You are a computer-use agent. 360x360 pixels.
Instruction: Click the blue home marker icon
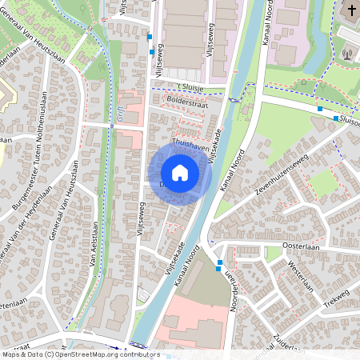tap(180, 172)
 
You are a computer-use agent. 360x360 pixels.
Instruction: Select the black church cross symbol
tap(351, 10)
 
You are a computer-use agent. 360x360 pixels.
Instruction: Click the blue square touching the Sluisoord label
tap(335, 118)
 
